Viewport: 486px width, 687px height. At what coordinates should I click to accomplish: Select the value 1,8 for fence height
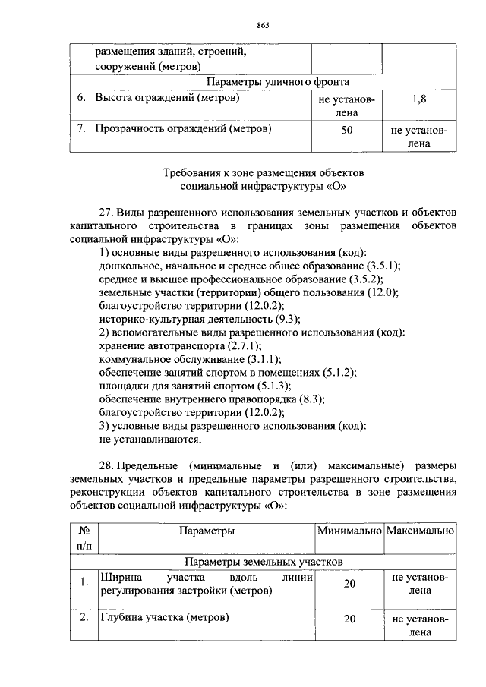click(x=418, y=99)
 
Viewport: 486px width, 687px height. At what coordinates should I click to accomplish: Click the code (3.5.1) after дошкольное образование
click(x=383, y=265)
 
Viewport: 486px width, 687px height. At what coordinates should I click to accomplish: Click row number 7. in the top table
click(x=81, y=128)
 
